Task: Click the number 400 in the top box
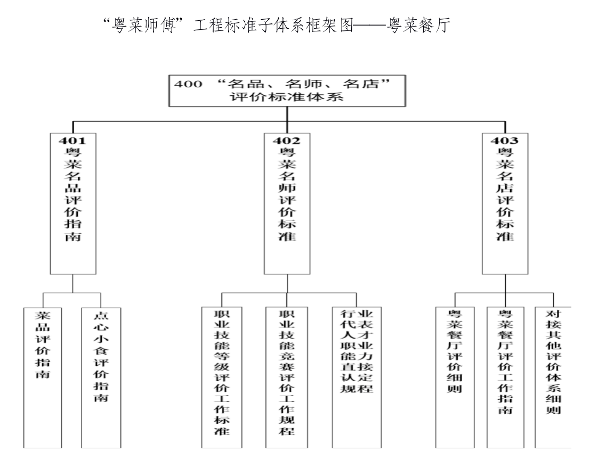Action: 188,84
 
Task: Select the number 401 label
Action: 72,141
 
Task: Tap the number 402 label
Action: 286,141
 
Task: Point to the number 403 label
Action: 505,141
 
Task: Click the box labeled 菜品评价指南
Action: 43,377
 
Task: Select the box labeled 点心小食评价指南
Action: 101,377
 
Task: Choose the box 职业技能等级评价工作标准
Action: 222,377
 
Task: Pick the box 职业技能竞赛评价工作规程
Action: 287,377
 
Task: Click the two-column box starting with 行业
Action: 357,377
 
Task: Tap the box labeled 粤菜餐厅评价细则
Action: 455,377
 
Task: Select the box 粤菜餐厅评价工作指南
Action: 505,377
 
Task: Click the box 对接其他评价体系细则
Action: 553,377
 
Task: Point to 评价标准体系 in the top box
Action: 287,97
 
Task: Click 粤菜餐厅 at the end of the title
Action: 418,26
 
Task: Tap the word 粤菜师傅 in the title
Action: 144,26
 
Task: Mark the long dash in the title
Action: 370,26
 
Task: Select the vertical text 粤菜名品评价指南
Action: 72,194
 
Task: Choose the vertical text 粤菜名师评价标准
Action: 287,194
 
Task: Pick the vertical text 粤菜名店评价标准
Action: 505,194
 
